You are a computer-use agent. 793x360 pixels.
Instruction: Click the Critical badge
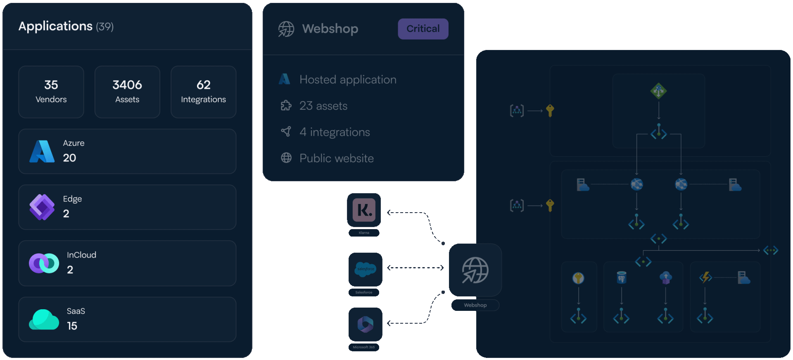click(423, 29)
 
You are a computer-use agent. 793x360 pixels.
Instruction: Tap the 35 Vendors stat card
click(51, 92)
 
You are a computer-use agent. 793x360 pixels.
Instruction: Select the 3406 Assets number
click(127, 85)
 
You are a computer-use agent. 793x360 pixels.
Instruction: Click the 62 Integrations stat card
click(203, 92)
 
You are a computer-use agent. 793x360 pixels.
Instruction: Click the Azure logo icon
click(42, 151)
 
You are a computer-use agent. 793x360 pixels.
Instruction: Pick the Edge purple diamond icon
click(42, 207)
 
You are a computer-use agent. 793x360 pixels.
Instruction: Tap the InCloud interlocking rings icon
click(44, 263)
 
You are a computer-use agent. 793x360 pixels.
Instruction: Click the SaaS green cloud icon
click(44, 320)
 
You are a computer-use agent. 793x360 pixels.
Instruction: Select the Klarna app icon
click(364, 210)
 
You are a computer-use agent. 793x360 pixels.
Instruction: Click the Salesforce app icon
click(365, 269)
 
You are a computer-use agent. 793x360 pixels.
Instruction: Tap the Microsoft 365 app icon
click(365, 324)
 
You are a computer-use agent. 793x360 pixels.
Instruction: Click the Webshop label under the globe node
click(475, 305)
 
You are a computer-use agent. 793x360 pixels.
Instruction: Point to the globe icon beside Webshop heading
click(286, 29)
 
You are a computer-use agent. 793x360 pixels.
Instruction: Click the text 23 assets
click(323, 106)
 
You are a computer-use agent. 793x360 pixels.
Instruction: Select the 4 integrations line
click(335, 132)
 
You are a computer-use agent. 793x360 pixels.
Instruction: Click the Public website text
click(337, 159)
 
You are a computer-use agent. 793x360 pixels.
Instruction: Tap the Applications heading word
click(55, 26)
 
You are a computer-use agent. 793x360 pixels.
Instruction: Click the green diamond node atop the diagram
click(658, 91)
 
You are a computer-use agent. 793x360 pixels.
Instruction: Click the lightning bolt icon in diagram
click(705, 277)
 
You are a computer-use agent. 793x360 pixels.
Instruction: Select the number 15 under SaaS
click(72, 326)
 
